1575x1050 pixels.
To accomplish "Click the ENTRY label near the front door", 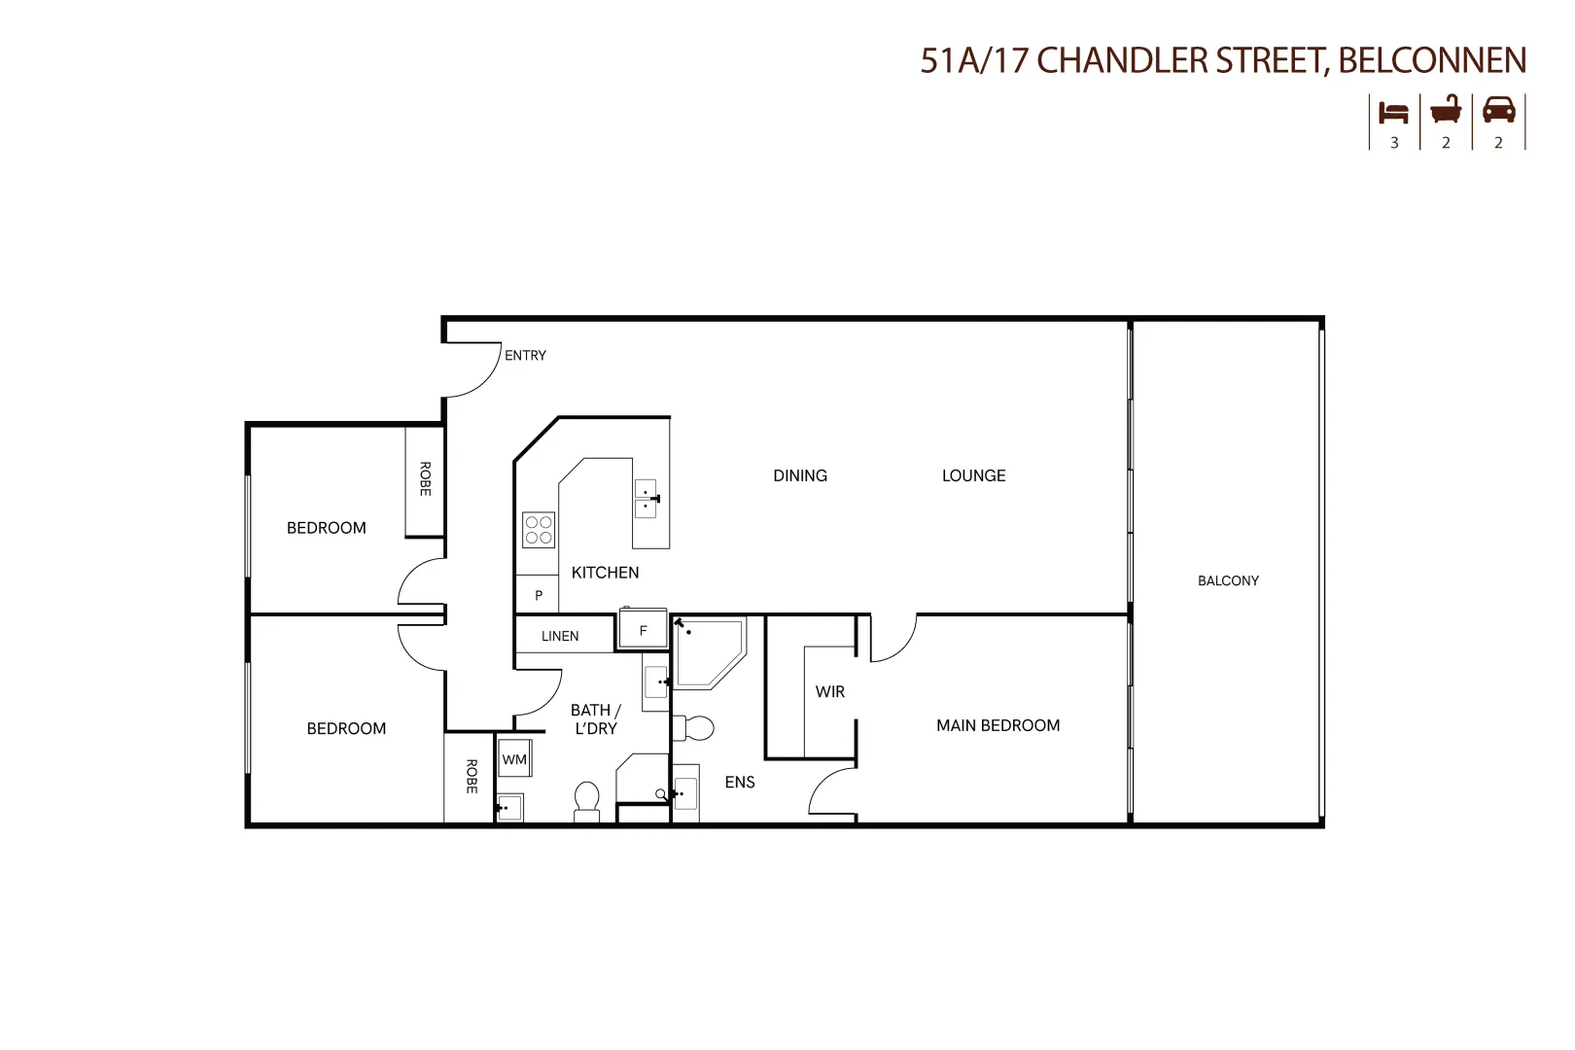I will pyautogui.click(x=525, y=356).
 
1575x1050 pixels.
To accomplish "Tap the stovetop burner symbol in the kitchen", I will pyautogui.click(x=539, y=530).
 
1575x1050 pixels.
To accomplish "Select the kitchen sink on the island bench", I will pyautogui.click(x=647, y=499).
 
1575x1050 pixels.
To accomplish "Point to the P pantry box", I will pyautogui.click(x=538, y=595).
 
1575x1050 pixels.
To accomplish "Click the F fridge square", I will pyautogui.click(x=643, y=630).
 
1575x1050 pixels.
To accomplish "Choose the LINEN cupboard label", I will pyautogui.click(x=560, y=637).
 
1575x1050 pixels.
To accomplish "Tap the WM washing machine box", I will pyautogui.click(x=514, y=759).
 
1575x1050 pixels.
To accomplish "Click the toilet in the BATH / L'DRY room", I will pyautogui.click(x=586, y=801).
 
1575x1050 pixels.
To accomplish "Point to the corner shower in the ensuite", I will pyautogui.click(x=709, y=650).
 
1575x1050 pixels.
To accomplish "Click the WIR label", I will pyautogui.click(x=830, y=692).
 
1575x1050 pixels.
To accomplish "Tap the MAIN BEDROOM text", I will pyautogui.click(x=997, y=725).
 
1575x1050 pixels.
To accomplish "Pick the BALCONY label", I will pyautogui.click(x=1228, y=581).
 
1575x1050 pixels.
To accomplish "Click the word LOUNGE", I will pyautogui.click(x=973, y=475).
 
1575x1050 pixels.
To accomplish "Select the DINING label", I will pyautogui.click(x=800, y=475).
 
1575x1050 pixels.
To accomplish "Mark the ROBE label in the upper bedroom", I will pyautogui.click(x=425, y=479).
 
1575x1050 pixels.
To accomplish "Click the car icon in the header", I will pyautogui.click(x=1498, y=110).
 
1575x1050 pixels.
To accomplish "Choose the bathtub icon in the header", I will pyautogui.click(x=1446, y=110).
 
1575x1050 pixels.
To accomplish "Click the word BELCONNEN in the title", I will pyautogui.click(x=1432, y=60).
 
